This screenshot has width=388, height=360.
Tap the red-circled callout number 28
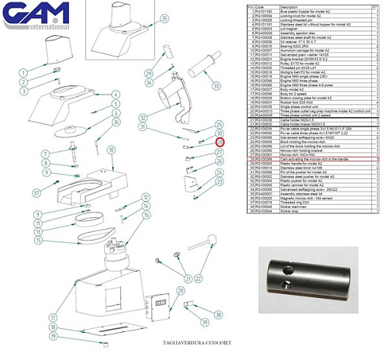pyautogui.click(x=220, y=143)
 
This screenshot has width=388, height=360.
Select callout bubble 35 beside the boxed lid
pyautogui.click(x=164, y=18)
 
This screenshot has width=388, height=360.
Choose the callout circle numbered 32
pyautogui.click(x=143, y=117)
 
